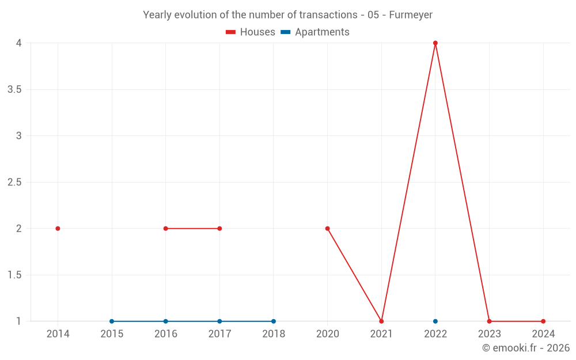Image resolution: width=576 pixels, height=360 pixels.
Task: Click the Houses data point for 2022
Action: click(435, 43)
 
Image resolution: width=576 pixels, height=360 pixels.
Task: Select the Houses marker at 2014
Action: click(58, 229)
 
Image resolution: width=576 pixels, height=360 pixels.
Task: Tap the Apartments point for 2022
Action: click(435, 321)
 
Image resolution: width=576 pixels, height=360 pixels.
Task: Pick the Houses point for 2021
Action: click(381, 321)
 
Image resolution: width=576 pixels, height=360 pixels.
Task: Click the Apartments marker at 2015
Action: click(112, 321)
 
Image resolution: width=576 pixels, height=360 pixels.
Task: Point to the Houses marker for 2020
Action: click(327, 229)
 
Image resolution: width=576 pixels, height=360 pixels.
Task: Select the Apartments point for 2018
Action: click(274, 321)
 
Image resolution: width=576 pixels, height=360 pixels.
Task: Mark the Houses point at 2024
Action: click(543, 321)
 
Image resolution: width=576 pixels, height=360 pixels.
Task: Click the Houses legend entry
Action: click(251, 32)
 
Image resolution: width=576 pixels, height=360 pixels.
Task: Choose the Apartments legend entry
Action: click(315, 32)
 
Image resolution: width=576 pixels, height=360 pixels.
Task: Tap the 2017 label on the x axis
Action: click(219, 334)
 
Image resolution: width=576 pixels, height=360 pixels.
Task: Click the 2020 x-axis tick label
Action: click(327, 334)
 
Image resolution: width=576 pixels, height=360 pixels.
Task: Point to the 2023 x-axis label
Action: click(489, 334)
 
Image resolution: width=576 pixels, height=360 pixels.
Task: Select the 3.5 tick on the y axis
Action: click(14, 90)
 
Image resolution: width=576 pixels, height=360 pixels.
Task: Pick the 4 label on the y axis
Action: click(18, 43)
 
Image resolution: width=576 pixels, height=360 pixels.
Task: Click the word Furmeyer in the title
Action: click(411, 15)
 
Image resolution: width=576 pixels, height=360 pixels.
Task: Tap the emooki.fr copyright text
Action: click(526, 348)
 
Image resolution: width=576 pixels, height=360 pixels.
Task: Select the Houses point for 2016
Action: click(165, 229)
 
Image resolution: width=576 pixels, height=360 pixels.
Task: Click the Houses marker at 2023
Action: click(489, 321)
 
